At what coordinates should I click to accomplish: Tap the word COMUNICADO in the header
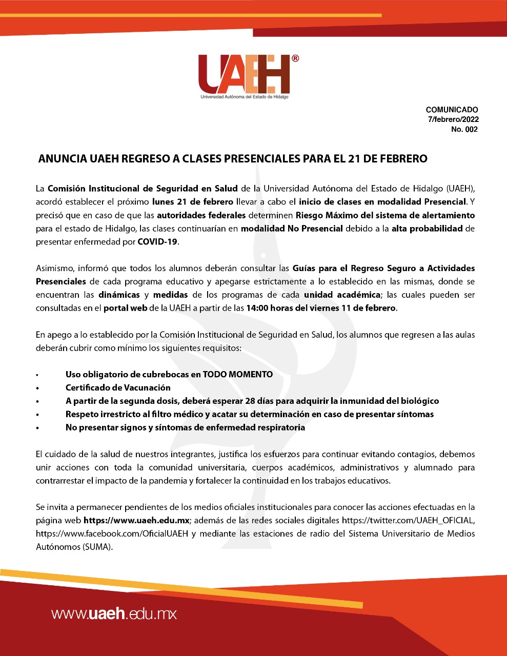click(452, 110)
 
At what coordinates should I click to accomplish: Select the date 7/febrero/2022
click(453, 119)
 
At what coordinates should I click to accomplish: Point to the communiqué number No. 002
click(464, 129)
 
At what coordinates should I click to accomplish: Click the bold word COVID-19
click(158, 242)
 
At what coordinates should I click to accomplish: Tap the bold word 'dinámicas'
click(119, 295)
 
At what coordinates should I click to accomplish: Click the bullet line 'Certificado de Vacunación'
click(118, 387)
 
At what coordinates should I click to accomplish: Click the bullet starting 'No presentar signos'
click(185, 427)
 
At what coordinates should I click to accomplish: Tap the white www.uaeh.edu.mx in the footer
click(114, 613)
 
